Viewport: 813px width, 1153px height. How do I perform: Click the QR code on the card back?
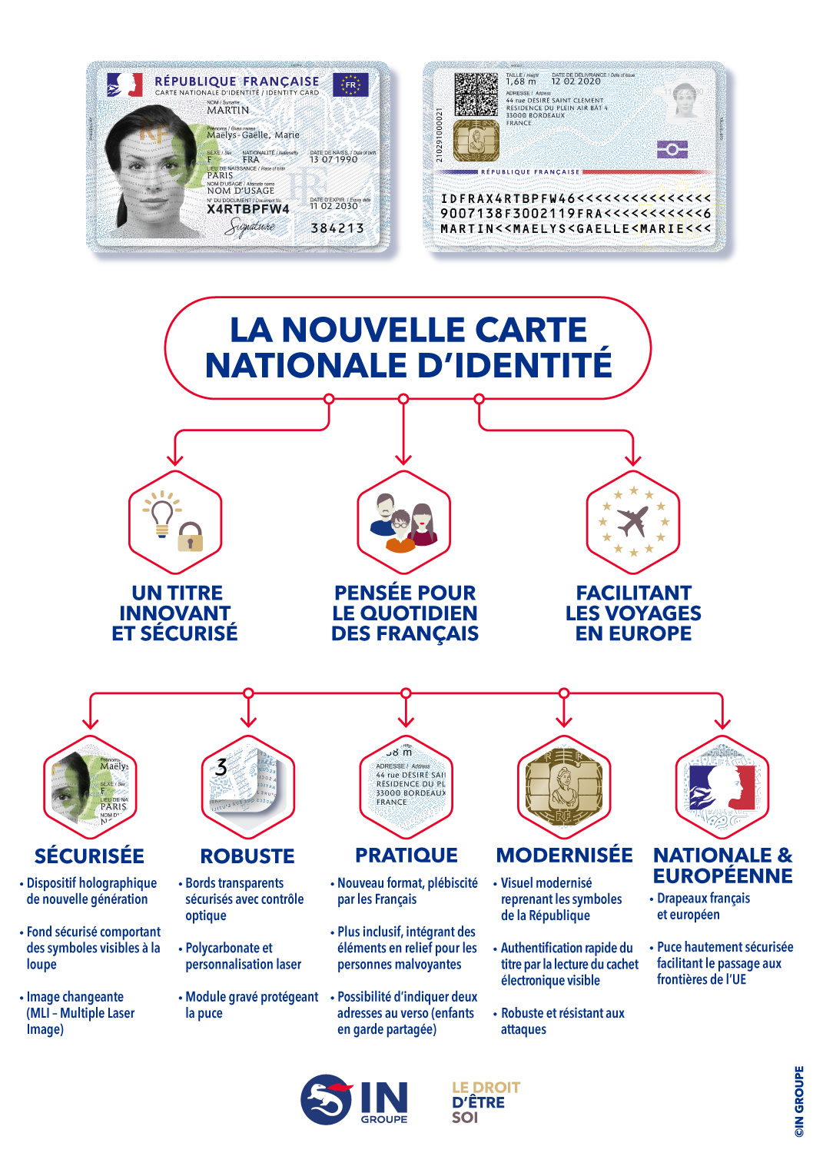476,95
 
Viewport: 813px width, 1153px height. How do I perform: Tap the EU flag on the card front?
350,85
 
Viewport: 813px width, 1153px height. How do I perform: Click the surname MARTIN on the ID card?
228,111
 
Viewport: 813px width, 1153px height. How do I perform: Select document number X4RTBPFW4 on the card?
248,209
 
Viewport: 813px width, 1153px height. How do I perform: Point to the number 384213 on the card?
337,228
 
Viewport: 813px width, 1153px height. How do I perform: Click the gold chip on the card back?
476,141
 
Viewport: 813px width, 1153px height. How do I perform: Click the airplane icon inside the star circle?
633,522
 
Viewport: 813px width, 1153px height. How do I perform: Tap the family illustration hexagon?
403,523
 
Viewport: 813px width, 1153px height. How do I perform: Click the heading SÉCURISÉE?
89,856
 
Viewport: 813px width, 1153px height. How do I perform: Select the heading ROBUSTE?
247,856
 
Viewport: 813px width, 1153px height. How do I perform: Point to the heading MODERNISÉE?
565,856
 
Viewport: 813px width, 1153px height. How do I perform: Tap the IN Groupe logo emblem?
327,1100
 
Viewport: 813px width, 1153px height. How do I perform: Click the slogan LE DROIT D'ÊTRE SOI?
485,1101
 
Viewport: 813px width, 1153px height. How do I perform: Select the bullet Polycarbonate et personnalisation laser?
244,956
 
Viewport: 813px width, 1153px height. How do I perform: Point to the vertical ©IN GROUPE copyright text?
799,1101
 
